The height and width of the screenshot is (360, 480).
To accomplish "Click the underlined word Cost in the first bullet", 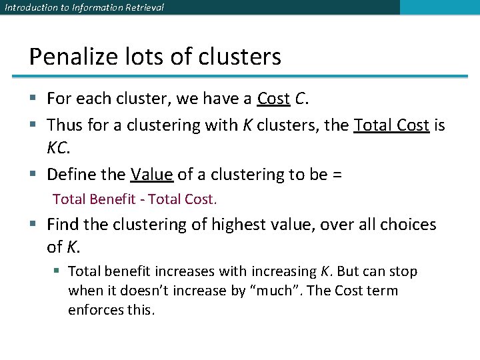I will [273, 99].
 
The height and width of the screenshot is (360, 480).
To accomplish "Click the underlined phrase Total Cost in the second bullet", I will [391, 125].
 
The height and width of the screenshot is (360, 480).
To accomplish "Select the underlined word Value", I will [152, 175].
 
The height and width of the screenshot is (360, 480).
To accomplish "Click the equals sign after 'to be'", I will [337, 175].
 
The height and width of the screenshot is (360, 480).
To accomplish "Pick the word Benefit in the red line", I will [117, 199].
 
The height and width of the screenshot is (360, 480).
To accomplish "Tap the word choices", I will [403, 225].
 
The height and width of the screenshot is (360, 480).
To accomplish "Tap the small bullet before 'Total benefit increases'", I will [58, 271].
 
